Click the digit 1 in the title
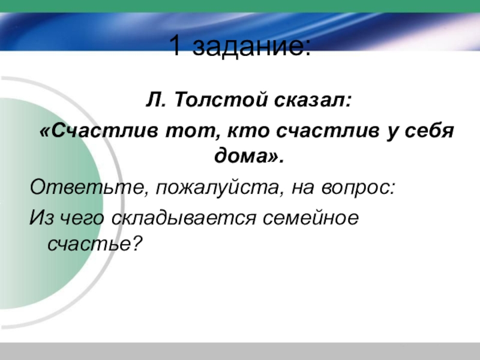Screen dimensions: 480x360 tap(175, 46)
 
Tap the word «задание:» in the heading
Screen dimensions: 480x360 tap(252, 46)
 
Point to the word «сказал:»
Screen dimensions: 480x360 tap(313, 100)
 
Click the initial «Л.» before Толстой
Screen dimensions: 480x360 tap(156, 100)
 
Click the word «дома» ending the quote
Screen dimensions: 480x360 tap(241, 157)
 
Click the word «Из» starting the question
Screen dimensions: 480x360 tap(41, 217)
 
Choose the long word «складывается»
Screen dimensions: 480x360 tap(183, 218)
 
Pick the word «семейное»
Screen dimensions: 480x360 tap(310, 218)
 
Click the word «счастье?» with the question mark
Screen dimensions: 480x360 tap(95, 244)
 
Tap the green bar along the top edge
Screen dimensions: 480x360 tap(240, 6)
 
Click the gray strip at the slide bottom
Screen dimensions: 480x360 tap(240, 351)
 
